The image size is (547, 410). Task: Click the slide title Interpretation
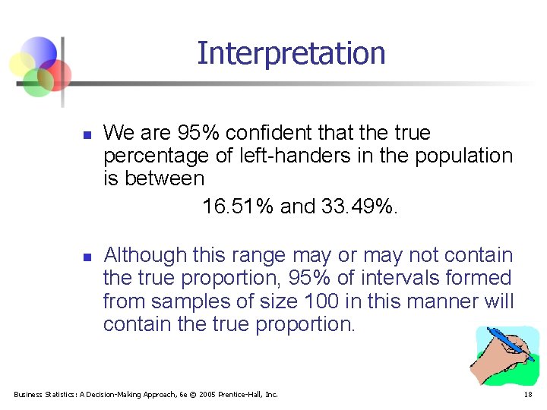[x=291, y=53]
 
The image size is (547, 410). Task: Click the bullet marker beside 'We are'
[x=87, y=135]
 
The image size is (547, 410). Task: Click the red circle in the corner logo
[x=58, y=74]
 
